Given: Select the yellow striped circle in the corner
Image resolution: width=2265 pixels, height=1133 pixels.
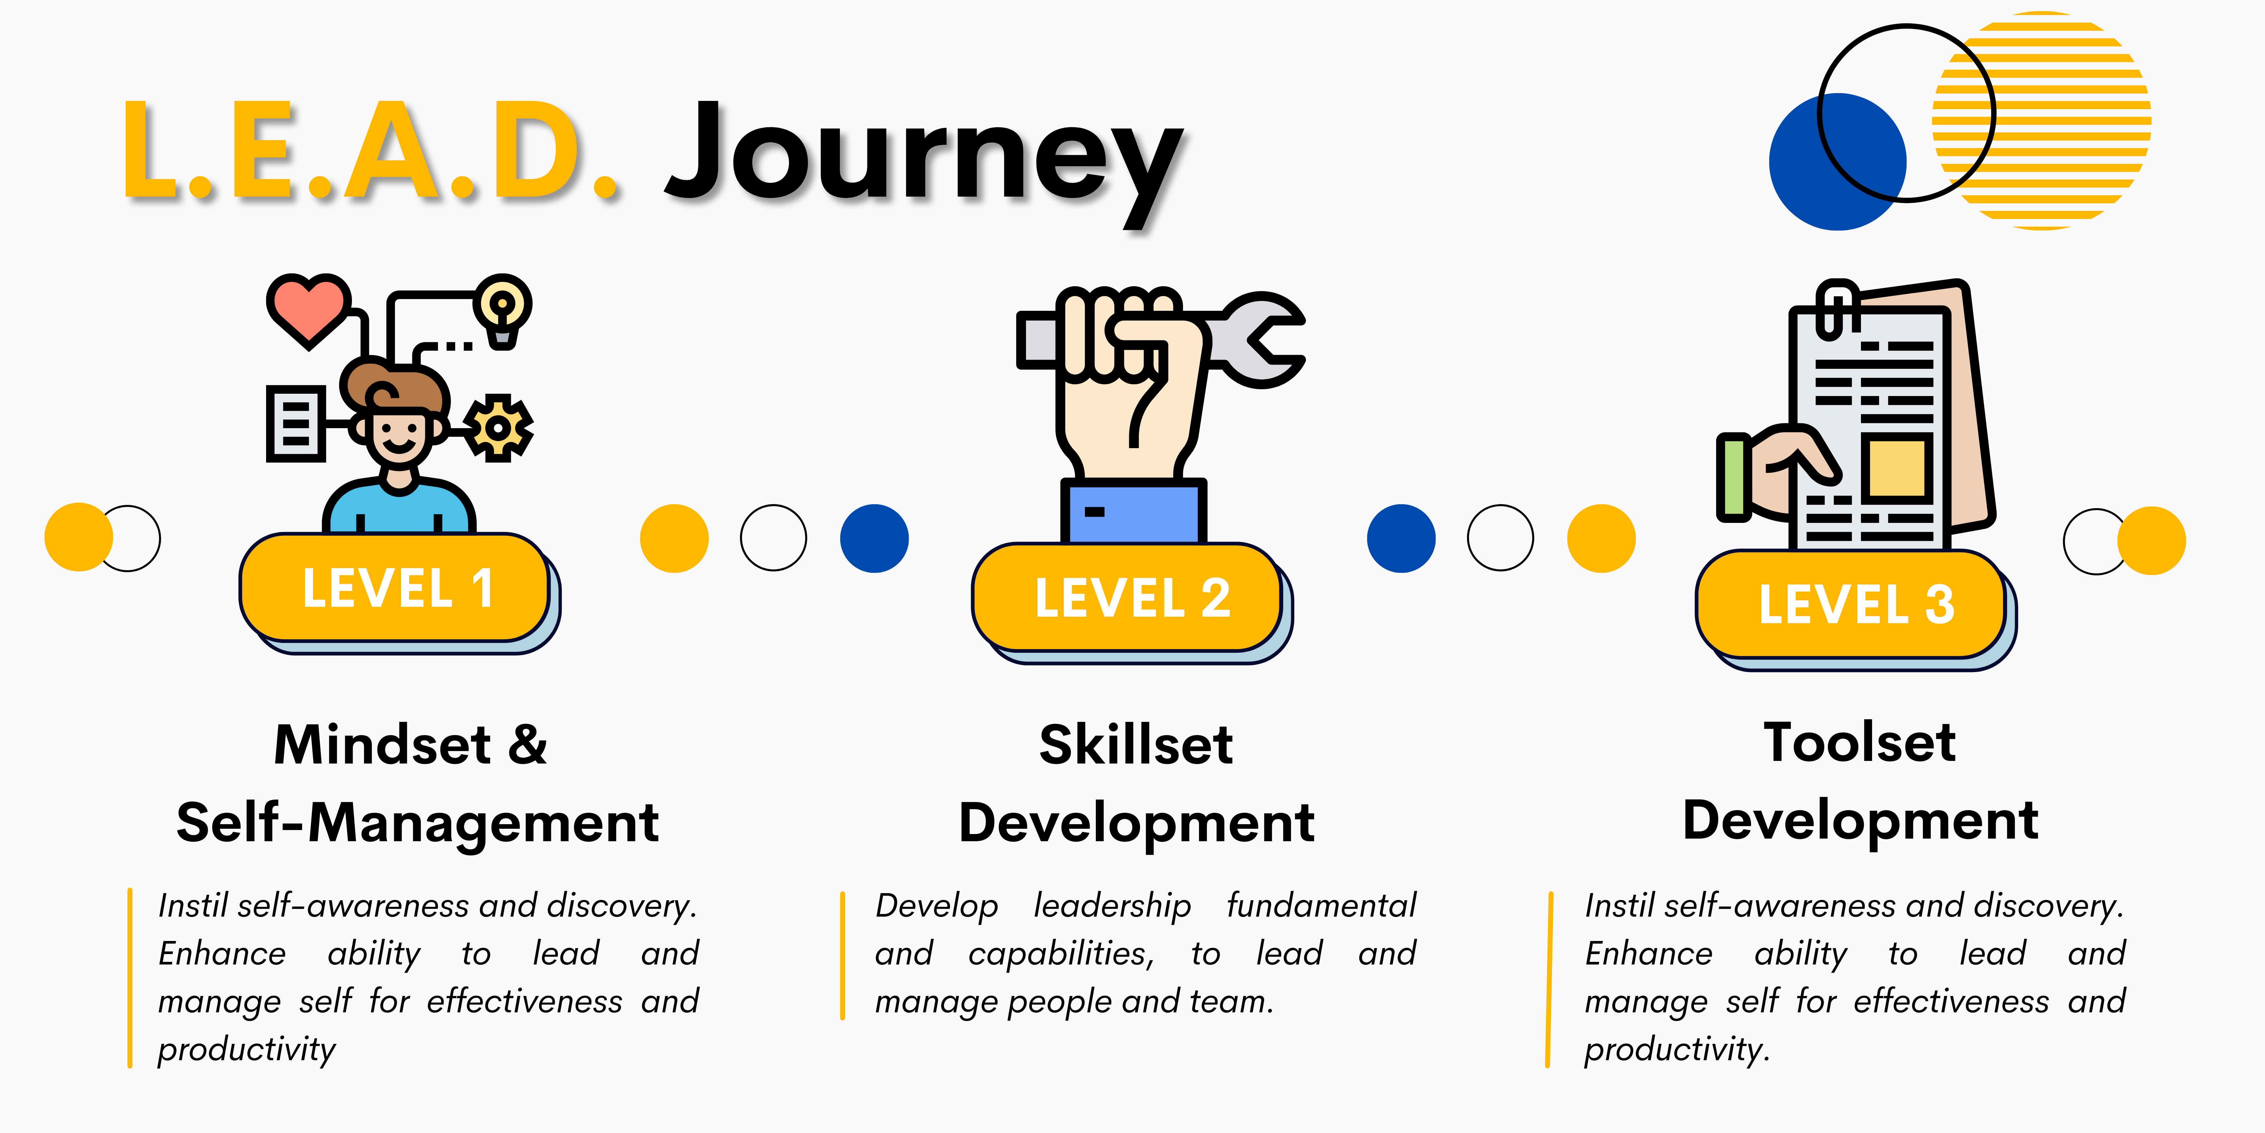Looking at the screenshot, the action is (x=2042, y=121).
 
